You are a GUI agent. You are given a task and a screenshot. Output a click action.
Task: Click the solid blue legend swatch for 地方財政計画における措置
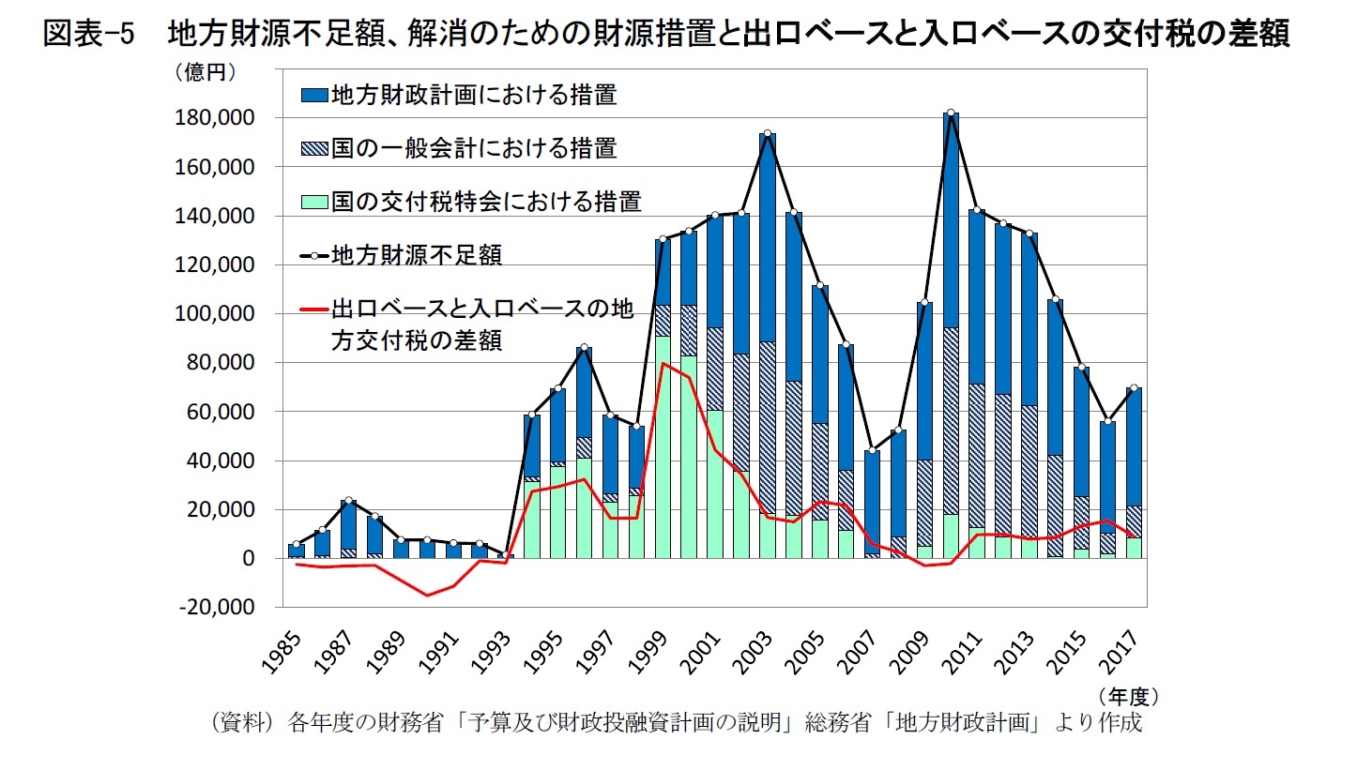pyautogui.click(x=313, y=95)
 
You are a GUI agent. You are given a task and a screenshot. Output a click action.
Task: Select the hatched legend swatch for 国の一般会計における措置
pyautogui.click(x=313, y=148)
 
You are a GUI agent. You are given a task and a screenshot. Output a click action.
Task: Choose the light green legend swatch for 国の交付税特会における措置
pyautogui.click(x=313, y=201)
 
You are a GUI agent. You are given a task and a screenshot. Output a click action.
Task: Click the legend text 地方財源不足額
pyautogui.click(x=415, y=254)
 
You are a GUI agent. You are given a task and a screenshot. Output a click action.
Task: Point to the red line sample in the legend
pyautogui.click(x=313, y=308)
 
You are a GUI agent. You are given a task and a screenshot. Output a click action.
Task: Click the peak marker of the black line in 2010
pyautogui.click(x=951, y=113)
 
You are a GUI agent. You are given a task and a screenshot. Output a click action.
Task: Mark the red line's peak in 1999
pyautogui.click(x=663, y=363)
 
